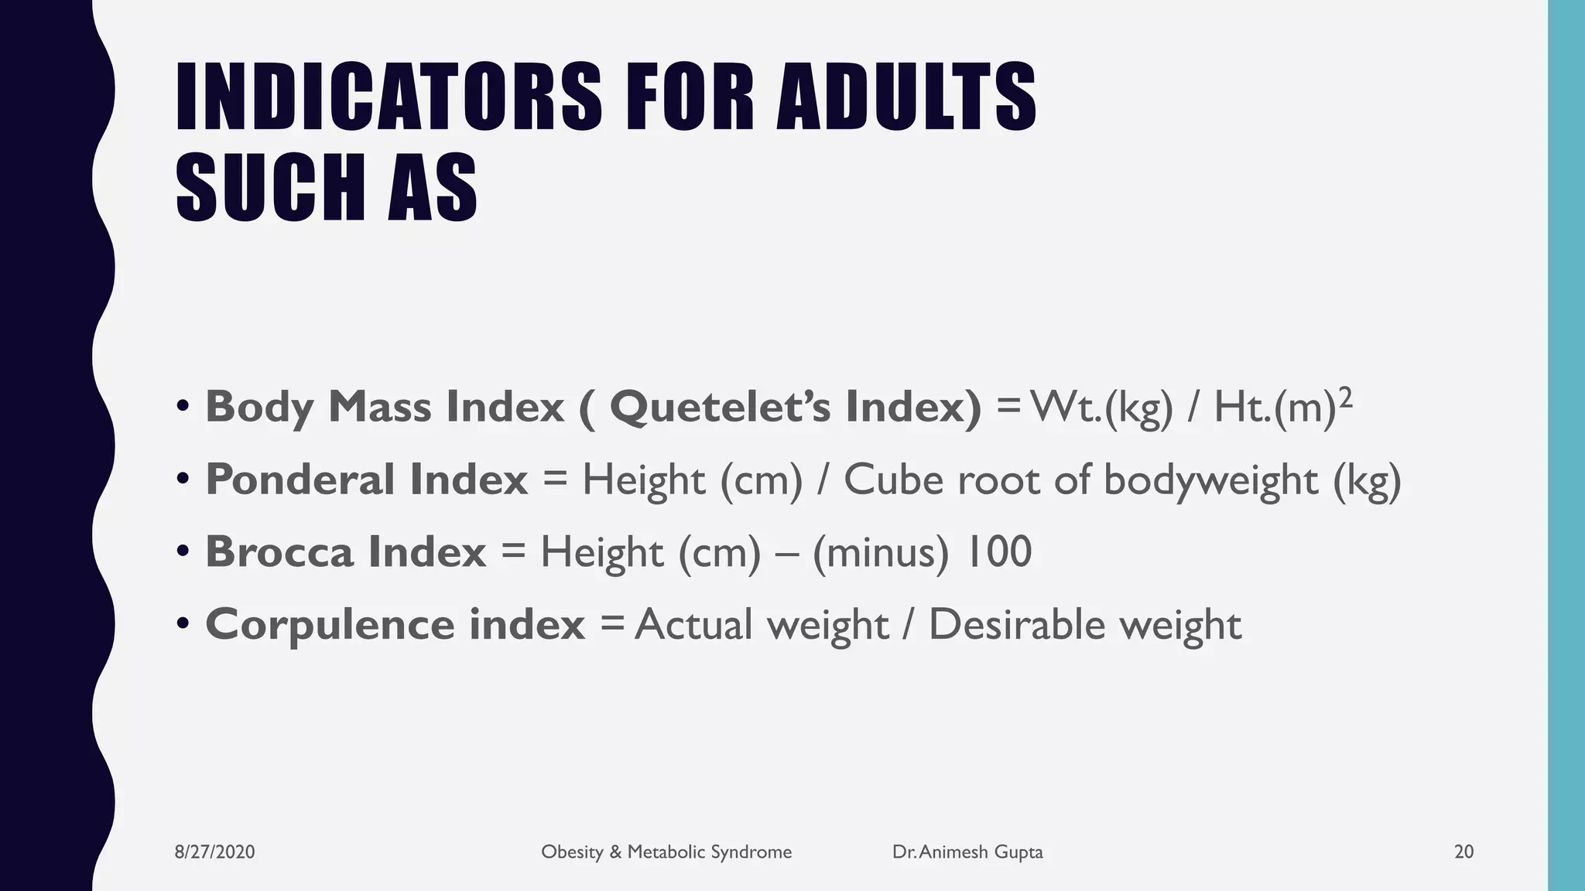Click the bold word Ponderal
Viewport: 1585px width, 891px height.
(x=300, y=480)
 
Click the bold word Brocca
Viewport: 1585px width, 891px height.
(x=279, y=551)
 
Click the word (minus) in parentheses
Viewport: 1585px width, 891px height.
(x=880, y=553)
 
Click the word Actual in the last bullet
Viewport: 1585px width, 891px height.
(x=694, y=625)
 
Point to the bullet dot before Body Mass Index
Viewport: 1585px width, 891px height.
(x=183, y=406)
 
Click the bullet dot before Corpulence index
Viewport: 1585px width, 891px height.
(x=183, y=623)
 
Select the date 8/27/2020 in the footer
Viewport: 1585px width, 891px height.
(x=214, y=852)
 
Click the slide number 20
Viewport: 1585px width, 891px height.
(x=1463, y=852)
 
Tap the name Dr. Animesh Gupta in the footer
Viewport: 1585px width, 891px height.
(x=967, y=852)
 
